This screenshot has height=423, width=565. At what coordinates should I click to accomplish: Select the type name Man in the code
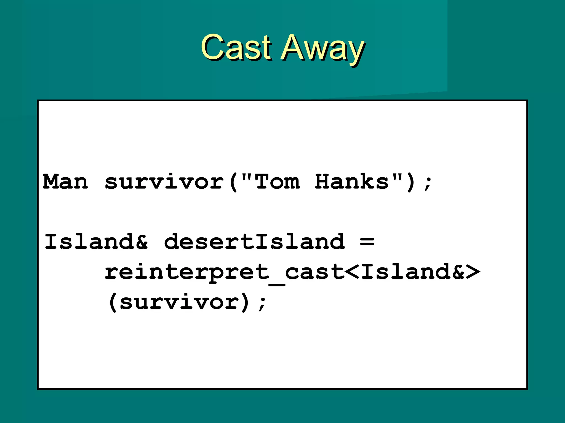[x=65, y=182]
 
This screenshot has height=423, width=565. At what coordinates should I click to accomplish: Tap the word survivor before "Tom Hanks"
[x=164, y=182]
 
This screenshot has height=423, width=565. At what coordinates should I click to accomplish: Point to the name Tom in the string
[x=277, y=182]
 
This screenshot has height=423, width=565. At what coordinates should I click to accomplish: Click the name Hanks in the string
[x=352, y=182]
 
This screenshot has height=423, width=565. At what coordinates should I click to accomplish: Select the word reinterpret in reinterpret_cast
[x=186, y=272]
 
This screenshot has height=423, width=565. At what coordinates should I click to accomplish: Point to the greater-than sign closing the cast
[x=472, y=272]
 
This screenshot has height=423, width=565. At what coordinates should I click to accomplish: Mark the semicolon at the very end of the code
[x=262, y=303]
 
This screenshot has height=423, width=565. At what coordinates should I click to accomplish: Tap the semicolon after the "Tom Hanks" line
[x=428, y=183]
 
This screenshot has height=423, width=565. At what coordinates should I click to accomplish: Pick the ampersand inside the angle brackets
[x=458, y=272]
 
